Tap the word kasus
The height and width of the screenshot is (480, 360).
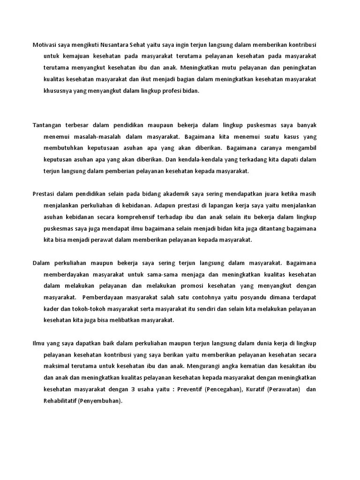(290, 136)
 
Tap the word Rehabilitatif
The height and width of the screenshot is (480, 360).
(60, 401)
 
